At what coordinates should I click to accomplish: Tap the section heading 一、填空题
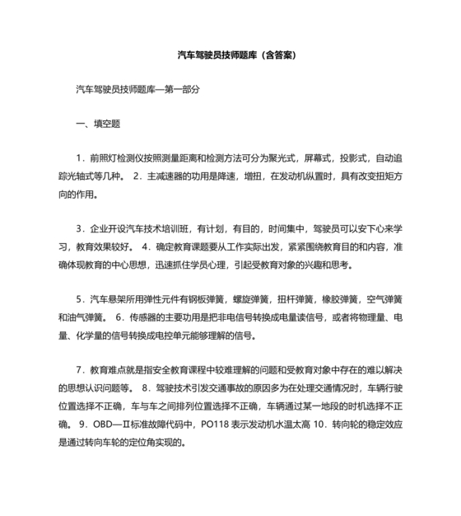point(98,123)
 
